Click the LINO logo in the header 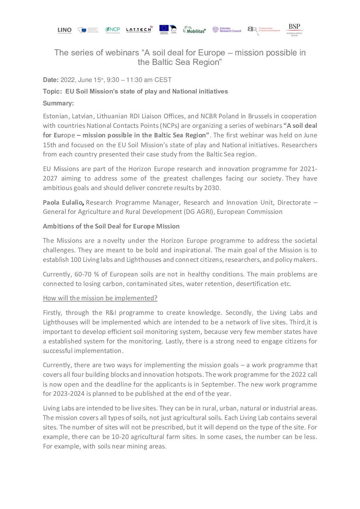(x=65, y=30)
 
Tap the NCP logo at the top (x=112, y=30)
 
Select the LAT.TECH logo (x=139, y=30)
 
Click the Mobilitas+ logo (x=194, y=30)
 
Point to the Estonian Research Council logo (x=227, y=30)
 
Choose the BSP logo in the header (x=294, y=30)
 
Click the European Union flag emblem (x=164, y=29)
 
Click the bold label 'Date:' (x=51, y=80)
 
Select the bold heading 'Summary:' (x=58, y=103)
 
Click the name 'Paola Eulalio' (x=63, y=202)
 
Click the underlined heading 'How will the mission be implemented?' (x=100, y=298)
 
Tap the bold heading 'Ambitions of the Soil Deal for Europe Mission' (x=111, y=226)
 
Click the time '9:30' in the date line (x=113, y=80)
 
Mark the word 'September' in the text (x=218, y=384)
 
